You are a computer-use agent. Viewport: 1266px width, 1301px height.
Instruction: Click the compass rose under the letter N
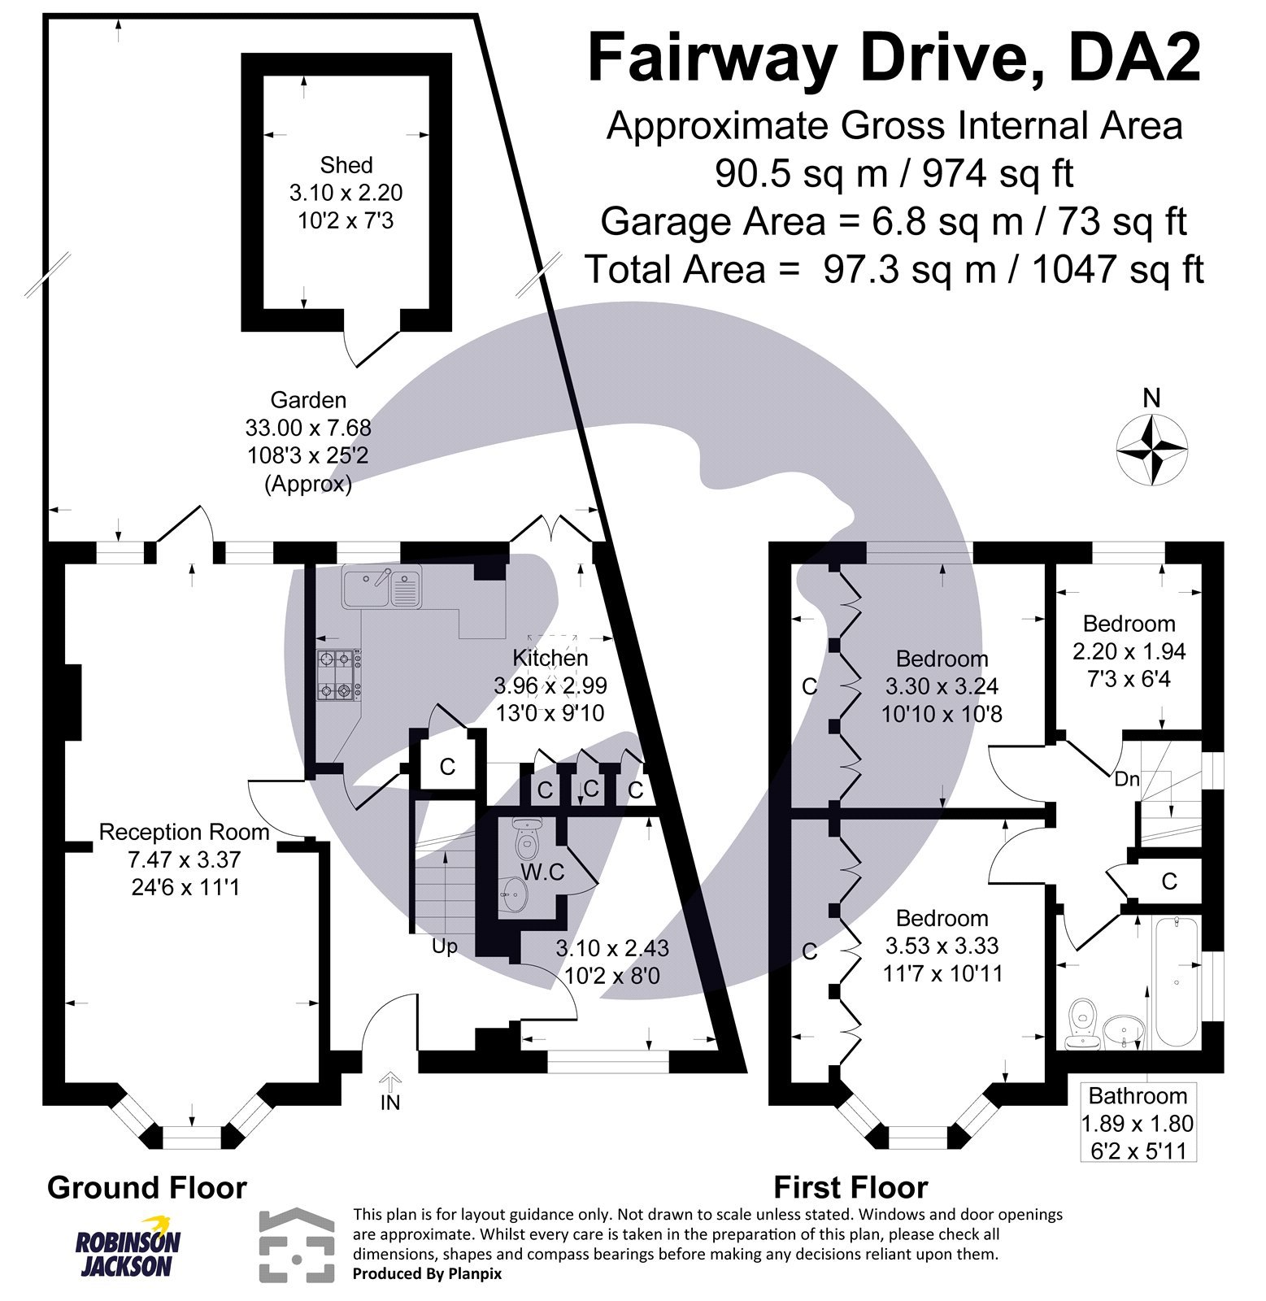click(x=1151, y=449)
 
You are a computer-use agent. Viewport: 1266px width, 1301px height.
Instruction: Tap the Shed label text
click(x=346, y=165)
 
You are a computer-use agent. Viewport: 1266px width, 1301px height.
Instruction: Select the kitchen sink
click(x=381, y=587)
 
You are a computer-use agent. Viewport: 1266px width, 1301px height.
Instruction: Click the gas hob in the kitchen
click(x=338, y=674)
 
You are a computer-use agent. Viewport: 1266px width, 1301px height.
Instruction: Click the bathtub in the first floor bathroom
click(x=1177, y=981)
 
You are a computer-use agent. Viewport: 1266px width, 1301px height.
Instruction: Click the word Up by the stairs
click(x=444, y=946)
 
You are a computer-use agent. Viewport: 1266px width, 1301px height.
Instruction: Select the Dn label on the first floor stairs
click(x=1127, y=779)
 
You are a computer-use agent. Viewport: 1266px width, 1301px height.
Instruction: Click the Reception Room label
click(x=184, y=832)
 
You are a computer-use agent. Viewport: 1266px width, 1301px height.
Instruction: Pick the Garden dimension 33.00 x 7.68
click(x=308, y=428)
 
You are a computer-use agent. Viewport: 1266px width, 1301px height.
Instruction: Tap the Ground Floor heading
click(x=147, y=1187)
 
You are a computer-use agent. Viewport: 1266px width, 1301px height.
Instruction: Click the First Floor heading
click(x=851, y=1187)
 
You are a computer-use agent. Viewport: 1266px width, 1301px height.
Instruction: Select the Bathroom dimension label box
click(x=1138, y=1122)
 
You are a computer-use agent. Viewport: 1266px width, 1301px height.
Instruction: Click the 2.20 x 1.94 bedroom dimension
click(x=1129, y=651)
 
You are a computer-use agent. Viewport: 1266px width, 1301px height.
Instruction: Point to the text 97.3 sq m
click(x=909, y=269)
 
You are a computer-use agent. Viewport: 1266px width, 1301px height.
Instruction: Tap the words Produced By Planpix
click(x=427, y=1274)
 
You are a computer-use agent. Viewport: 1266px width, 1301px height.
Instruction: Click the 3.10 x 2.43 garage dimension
click(x=612, y=947)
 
